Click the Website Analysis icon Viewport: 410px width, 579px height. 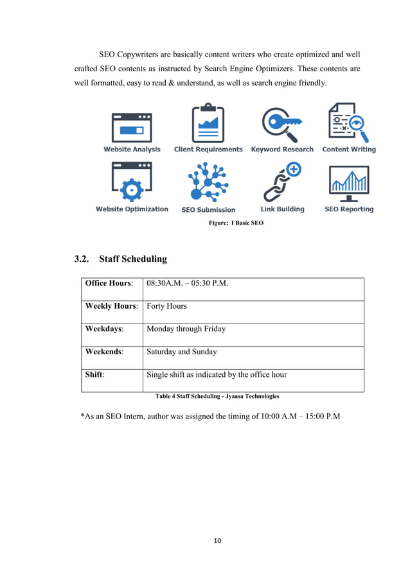[132, 127]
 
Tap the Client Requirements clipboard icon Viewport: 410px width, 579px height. [208, 123]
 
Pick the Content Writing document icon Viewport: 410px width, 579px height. [348, 123]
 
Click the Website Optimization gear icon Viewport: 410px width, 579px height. [132, 183]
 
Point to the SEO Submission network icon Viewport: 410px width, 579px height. [208, 184]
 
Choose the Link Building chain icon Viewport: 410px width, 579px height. [282, 182]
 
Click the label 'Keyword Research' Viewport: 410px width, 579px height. [282, 150]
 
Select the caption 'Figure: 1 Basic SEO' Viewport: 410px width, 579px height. [236, 223]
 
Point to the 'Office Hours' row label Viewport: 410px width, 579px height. [109, 283]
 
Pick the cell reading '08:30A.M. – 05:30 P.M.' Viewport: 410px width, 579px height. [188, 283]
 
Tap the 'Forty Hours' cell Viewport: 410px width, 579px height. [166, 306]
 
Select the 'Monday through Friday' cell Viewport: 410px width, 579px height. [186, 329]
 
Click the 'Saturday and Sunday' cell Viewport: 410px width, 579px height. [182, 352]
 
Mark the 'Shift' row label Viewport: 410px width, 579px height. [94, 375]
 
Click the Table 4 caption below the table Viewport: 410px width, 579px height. [217, 396]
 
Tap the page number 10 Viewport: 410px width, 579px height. [217, 541]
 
